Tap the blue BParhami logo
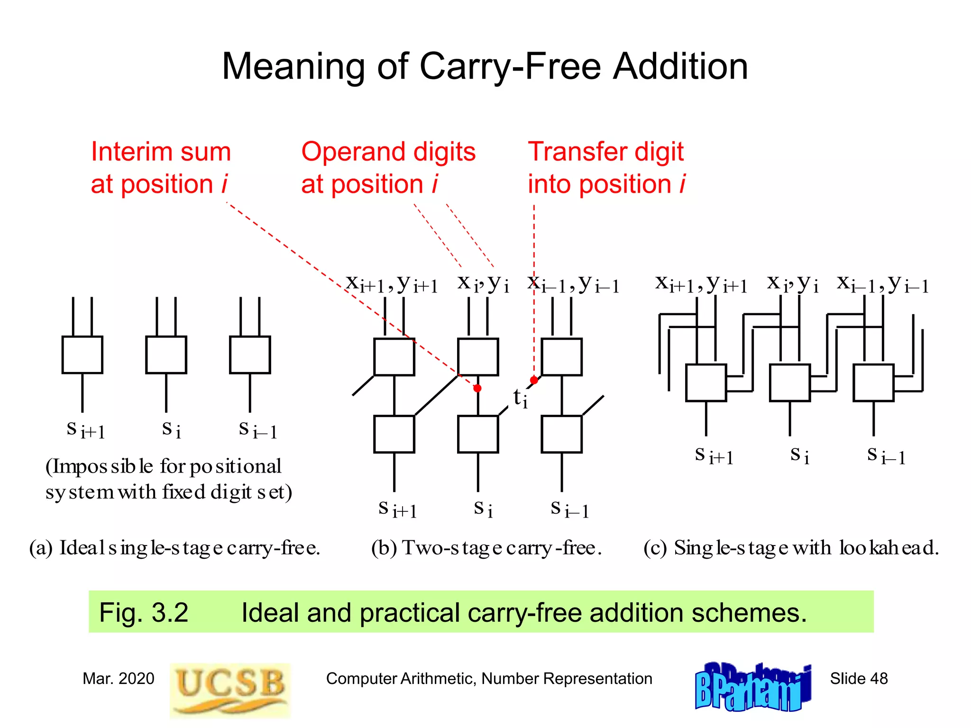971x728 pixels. pos(753,687)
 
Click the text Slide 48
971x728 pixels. pos(859,678)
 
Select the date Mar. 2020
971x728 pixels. pos(118,678)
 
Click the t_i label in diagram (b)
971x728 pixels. pos(520,398)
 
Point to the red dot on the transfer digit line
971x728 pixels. pos(534,380)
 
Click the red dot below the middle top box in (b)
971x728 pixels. pos(477,388)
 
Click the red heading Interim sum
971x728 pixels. pos(161,152)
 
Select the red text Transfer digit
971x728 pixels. pos(605,152)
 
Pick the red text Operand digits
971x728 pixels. pos(388,152)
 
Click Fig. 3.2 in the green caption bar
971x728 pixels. pos(144,612)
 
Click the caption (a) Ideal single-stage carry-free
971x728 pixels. pos(174,548)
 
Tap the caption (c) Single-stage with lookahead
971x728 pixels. pos(791,548)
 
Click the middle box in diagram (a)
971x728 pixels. pos(166,355)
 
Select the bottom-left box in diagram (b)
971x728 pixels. pos(394,434)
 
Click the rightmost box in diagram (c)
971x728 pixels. pos(873,382)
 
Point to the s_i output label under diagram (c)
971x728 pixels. pos(799,455)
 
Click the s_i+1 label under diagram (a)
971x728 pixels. pos(85,429)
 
